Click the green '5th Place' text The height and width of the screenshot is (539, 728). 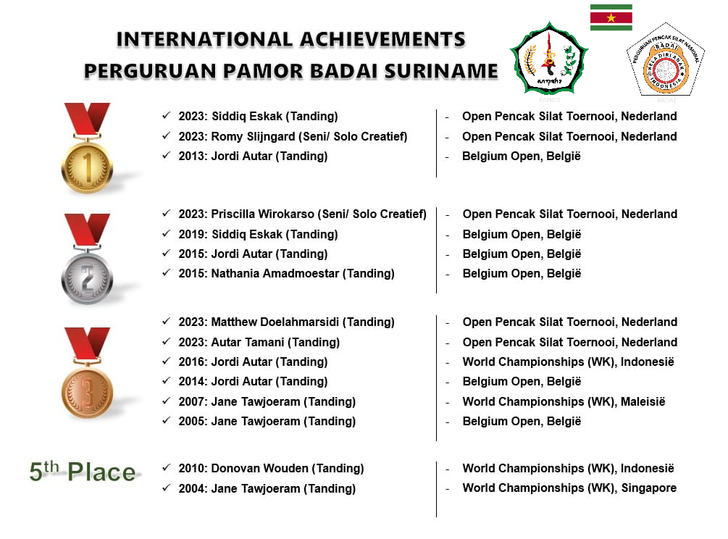click(x=83, y=472)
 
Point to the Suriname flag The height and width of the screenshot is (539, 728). click(x=611, y=17)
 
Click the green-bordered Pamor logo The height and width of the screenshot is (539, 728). click(x=549, y=59)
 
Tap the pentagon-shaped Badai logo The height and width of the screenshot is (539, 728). click(x=666, y=59)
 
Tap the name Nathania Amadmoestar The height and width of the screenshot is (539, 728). click(x=275, y=273)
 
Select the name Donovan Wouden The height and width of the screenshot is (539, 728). click(x=259, y=469)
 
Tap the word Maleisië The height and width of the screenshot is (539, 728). click(x=643, y=401)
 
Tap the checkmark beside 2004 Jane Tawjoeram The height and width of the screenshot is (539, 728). click(x=166, y=488)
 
